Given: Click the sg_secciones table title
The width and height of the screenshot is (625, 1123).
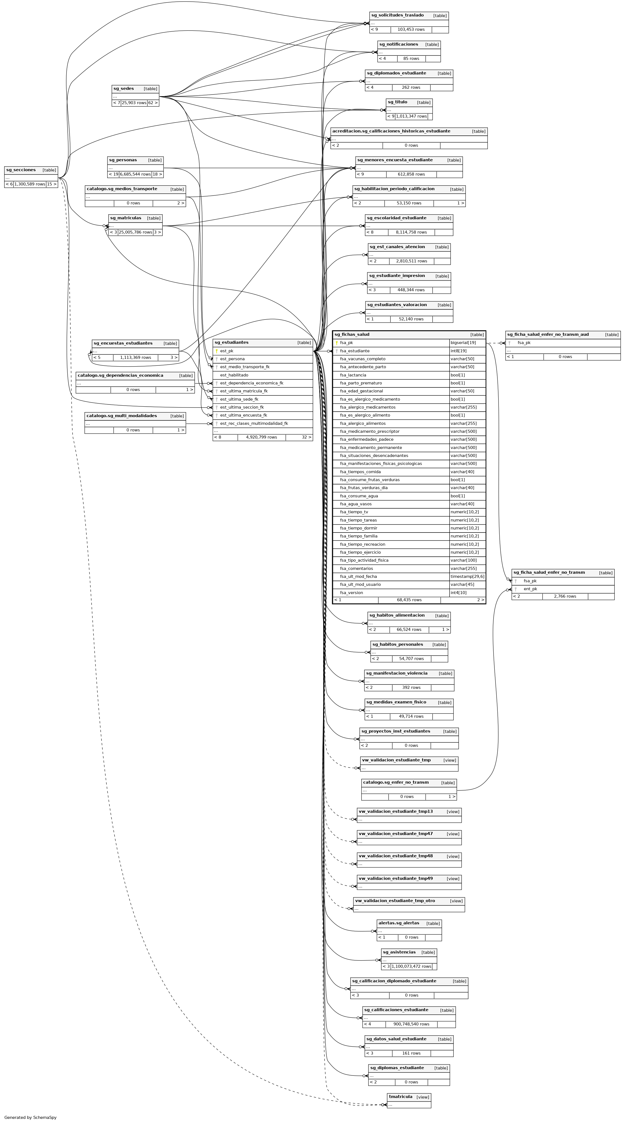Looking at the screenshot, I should click(21, 170).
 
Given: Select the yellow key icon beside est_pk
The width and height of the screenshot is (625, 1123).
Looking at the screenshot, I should click(216, 351).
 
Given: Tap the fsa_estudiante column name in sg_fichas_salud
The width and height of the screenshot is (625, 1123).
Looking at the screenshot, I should click(355, 351).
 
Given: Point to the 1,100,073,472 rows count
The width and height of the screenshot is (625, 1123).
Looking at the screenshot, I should click(411, 966).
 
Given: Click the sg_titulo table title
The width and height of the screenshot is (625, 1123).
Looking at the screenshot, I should click(397, 102).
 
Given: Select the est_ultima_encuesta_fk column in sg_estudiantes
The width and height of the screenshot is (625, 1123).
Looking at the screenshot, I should click(243, 415).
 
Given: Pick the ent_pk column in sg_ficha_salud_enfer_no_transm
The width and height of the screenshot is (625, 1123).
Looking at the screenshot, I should click(530, 589).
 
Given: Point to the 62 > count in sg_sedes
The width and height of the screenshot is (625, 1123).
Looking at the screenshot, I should click(153, 103).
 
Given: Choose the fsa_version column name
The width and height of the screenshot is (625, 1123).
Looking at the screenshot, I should click(351, 593).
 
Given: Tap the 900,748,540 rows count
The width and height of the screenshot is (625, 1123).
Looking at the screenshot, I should click(411, 1024).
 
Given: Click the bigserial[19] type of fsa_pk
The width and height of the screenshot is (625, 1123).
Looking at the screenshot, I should click(463, 343).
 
